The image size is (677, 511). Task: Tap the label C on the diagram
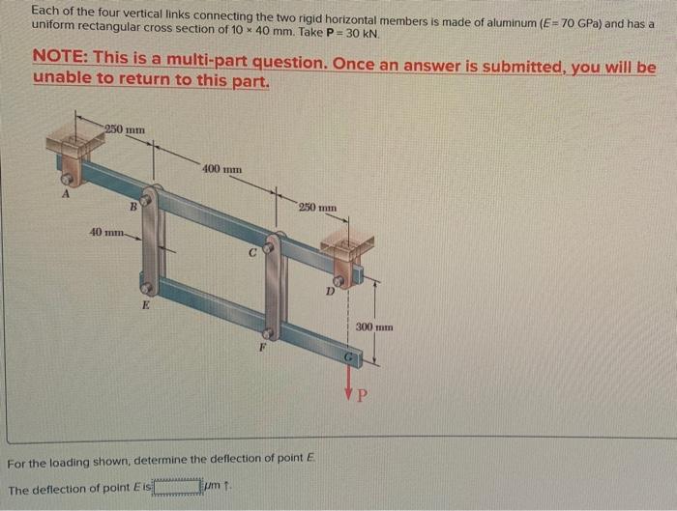[x=250, y=254]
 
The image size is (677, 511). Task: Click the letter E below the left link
[x=146, y=305]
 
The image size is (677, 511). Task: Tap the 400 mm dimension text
[x=221, y=169]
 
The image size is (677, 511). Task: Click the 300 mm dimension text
[x=375, y=327]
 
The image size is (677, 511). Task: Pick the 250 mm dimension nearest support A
[x=125, y=128]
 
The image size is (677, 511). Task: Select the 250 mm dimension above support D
[x=317, y=207]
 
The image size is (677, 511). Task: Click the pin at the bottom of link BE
[x=146, y=288]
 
